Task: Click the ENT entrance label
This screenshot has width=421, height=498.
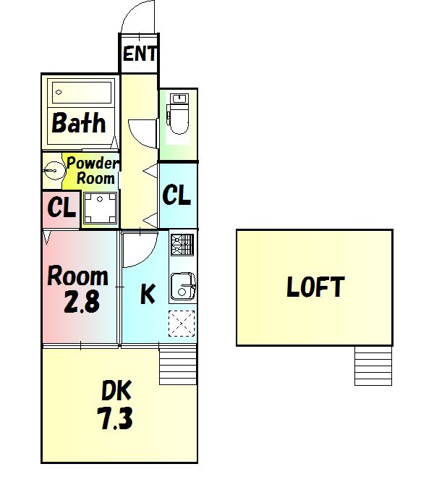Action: (140, 54)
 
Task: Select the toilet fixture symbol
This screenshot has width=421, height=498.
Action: (179, 114)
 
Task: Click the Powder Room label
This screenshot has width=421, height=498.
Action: (93, 171)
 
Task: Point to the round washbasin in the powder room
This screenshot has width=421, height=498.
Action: (54, 171)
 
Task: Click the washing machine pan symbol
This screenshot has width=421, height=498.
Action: (100, 208)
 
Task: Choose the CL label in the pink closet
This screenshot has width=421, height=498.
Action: (61, 208)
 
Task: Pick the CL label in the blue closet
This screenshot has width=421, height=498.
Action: (177, 195)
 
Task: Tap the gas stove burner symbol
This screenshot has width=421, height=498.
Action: (182, 245)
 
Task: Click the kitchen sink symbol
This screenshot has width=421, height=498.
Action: (183, 286)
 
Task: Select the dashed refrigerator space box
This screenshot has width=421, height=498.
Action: (182, 324)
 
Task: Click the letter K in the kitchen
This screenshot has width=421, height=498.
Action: (148, 294)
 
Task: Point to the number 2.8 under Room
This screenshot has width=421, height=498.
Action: (82, 301)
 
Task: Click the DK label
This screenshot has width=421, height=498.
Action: (116, 390)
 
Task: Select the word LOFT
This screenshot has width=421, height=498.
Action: (315, 287)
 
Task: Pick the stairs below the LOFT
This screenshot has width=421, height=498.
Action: (373, 366)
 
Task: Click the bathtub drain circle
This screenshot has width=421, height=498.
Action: (59, 93)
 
